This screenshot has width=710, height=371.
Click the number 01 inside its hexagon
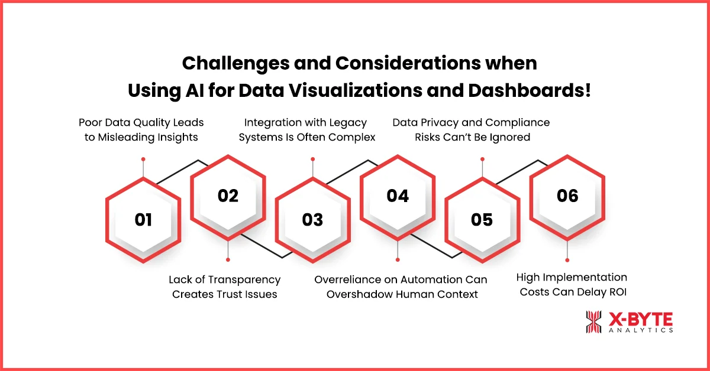143,220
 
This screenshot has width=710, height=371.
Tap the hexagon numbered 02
228,196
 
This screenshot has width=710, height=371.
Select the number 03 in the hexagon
312,220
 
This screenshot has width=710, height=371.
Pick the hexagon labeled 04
398,196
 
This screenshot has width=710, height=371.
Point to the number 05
482,220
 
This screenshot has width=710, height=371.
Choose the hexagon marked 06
567,196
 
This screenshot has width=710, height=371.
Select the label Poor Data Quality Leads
141,122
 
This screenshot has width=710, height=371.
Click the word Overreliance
349,279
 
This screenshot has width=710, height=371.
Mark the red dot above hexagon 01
143,160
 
